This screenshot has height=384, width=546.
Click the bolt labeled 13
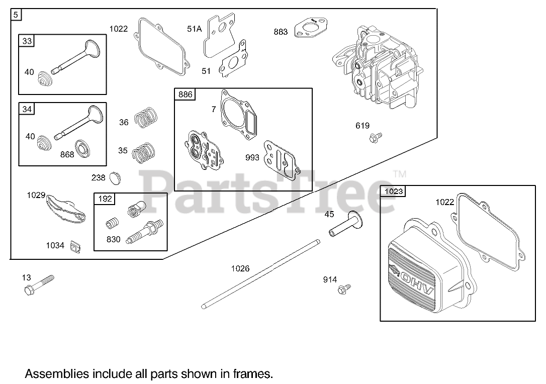[38, 285]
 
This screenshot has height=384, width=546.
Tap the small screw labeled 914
[345, 289]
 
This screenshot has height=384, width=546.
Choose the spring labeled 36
[146, 118]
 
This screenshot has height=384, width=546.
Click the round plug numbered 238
[115, 177]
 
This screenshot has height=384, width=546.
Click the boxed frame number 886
[185, 94]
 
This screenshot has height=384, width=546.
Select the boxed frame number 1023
[394, 191]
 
